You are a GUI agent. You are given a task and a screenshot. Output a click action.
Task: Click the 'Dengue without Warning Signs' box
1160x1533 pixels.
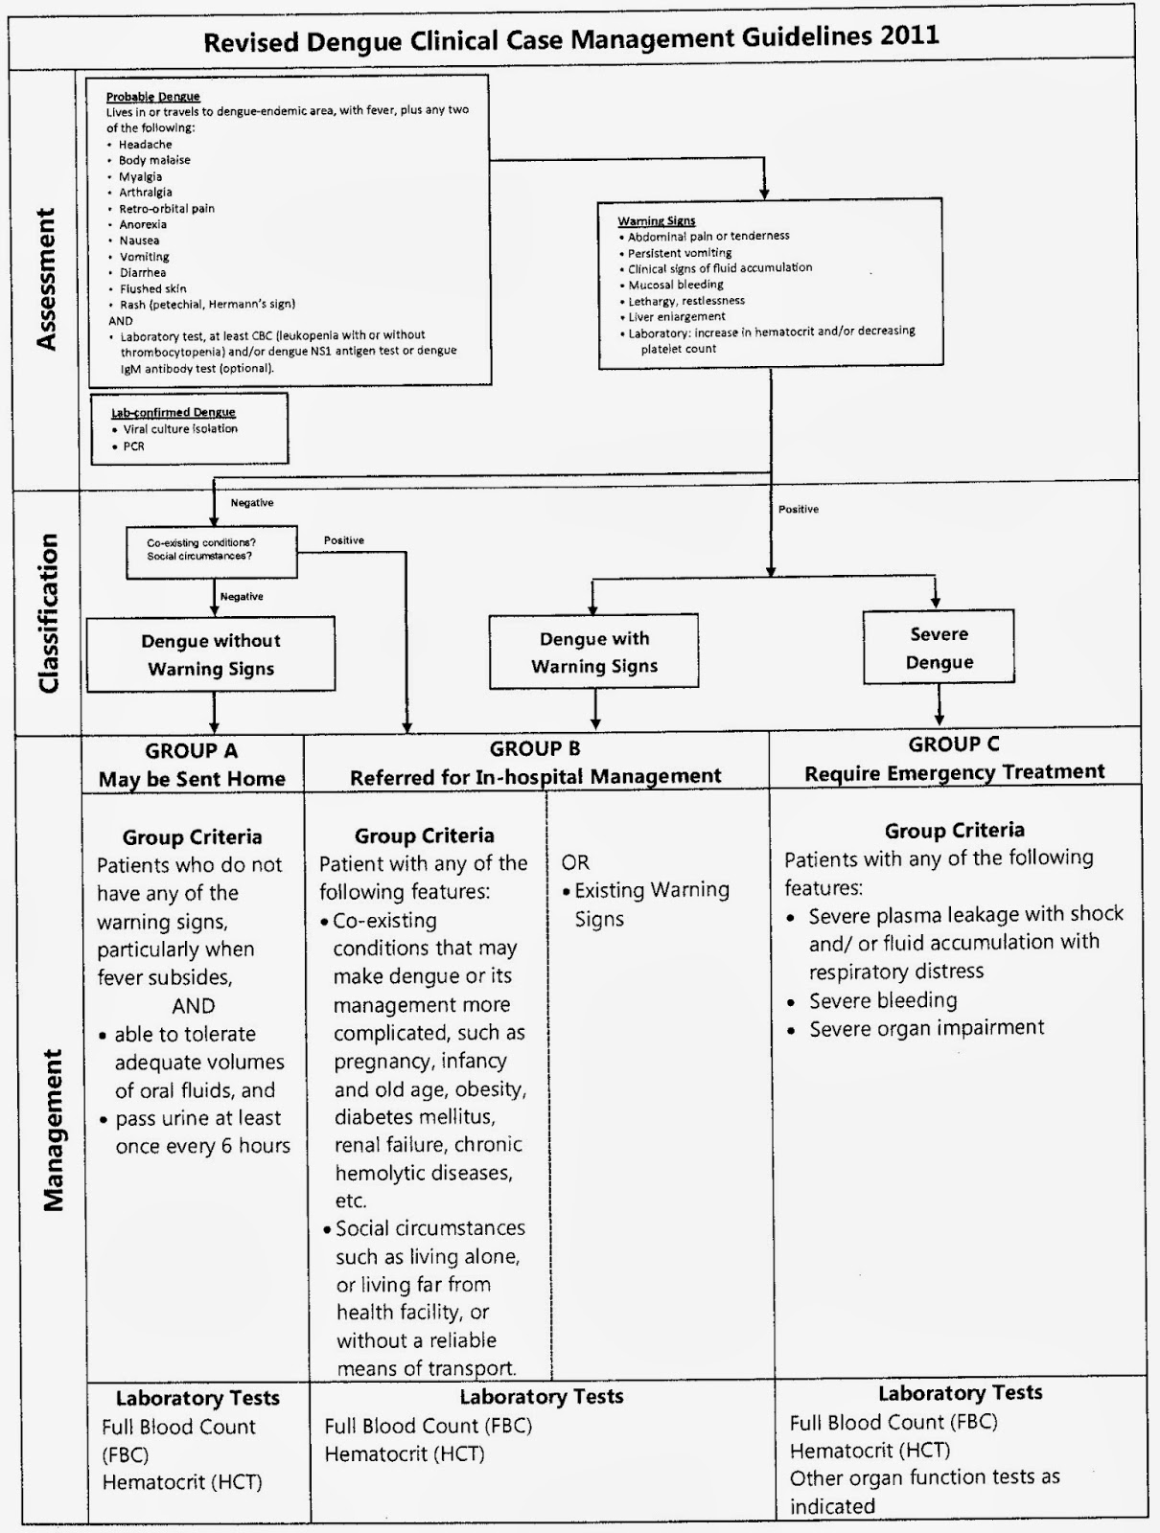(x=211, y=654)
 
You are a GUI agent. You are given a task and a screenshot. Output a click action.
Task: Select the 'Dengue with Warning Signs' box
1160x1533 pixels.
(x=594, y=652)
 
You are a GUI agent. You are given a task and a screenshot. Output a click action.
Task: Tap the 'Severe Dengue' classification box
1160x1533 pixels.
(x=939, y=648)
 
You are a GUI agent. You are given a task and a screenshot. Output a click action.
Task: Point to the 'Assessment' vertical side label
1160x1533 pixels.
(x=45, y=279)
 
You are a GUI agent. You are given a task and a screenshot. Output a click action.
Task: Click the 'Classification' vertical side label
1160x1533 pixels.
(x=48, y=613)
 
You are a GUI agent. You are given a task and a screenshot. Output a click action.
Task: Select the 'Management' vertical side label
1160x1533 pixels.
(x=53, y=1131)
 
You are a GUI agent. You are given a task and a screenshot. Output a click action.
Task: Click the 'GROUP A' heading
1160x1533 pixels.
(x=192, y=751)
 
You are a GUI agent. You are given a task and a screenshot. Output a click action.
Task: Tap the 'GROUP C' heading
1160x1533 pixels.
(x=953, y=744)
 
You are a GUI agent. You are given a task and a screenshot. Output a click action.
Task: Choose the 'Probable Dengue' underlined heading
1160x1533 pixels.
(x=153, y=97)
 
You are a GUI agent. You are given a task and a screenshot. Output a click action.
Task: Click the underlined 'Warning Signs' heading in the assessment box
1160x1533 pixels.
(x=657, y=221)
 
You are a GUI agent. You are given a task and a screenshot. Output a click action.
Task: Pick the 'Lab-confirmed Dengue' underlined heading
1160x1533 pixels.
(x=174, y=413)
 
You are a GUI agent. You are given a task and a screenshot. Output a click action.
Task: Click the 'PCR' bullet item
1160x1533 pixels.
(x=134, y=446)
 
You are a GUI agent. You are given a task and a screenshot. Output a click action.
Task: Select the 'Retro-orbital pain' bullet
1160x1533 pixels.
(x=167, y=209)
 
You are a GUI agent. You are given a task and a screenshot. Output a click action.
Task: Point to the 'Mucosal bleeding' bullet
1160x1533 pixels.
(x=676, y=285)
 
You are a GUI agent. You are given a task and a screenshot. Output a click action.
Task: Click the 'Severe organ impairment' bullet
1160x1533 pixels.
(x=926, y=1028)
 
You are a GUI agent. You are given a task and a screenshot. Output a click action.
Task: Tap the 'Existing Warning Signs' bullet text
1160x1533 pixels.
(x=652, y=904)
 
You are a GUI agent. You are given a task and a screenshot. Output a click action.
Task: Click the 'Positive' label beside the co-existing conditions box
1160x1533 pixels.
(x=344, y=540)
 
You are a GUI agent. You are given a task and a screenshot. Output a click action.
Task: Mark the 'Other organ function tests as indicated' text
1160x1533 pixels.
(x=924, y=1491)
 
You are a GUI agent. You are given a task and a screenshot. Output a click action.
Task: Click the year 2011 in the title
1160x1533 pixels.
(x=907, y=37)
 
